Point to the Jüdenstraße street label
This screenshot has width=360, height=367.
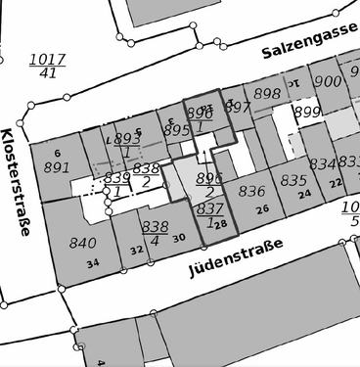(x=237, y=258)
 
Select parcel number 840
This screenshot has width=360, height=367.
(x=84, y=244)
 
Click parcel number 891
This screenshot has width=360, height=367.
(x=58, y=166)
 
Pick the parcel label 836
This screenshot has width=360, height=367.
(x=252, y=191)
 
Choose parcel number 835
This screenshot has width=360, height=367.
(x=293, y=180)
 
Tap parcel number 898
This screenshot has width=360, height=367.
(x=267, y=93)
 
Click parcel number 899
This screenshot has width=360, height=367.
(x=307, y=113)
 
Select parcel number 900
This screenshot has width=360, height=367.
(x=328, y=82)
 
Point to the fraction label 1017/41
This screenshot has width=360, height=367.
(x=48, y=65)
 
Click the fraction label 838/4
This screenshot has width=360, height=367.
(x=155, y=232)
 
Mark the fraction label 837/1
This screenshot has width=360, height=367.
(x=209, y=215)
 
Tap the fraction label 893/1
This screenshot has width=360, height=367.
(x=127, y=146)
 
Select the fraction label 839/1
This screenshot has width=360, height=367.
(x=116, y=183)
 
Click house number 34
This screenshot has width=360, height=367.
(x=92, y=263)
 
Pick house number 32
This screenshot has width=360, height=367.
(x=137, y=250)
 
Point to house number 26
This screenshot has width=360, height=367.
(x=262, y=209)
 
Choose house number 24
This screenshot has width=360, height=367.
(x=303, y=194)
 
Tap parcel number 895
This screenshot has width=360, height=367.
(x=177, y=129)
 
